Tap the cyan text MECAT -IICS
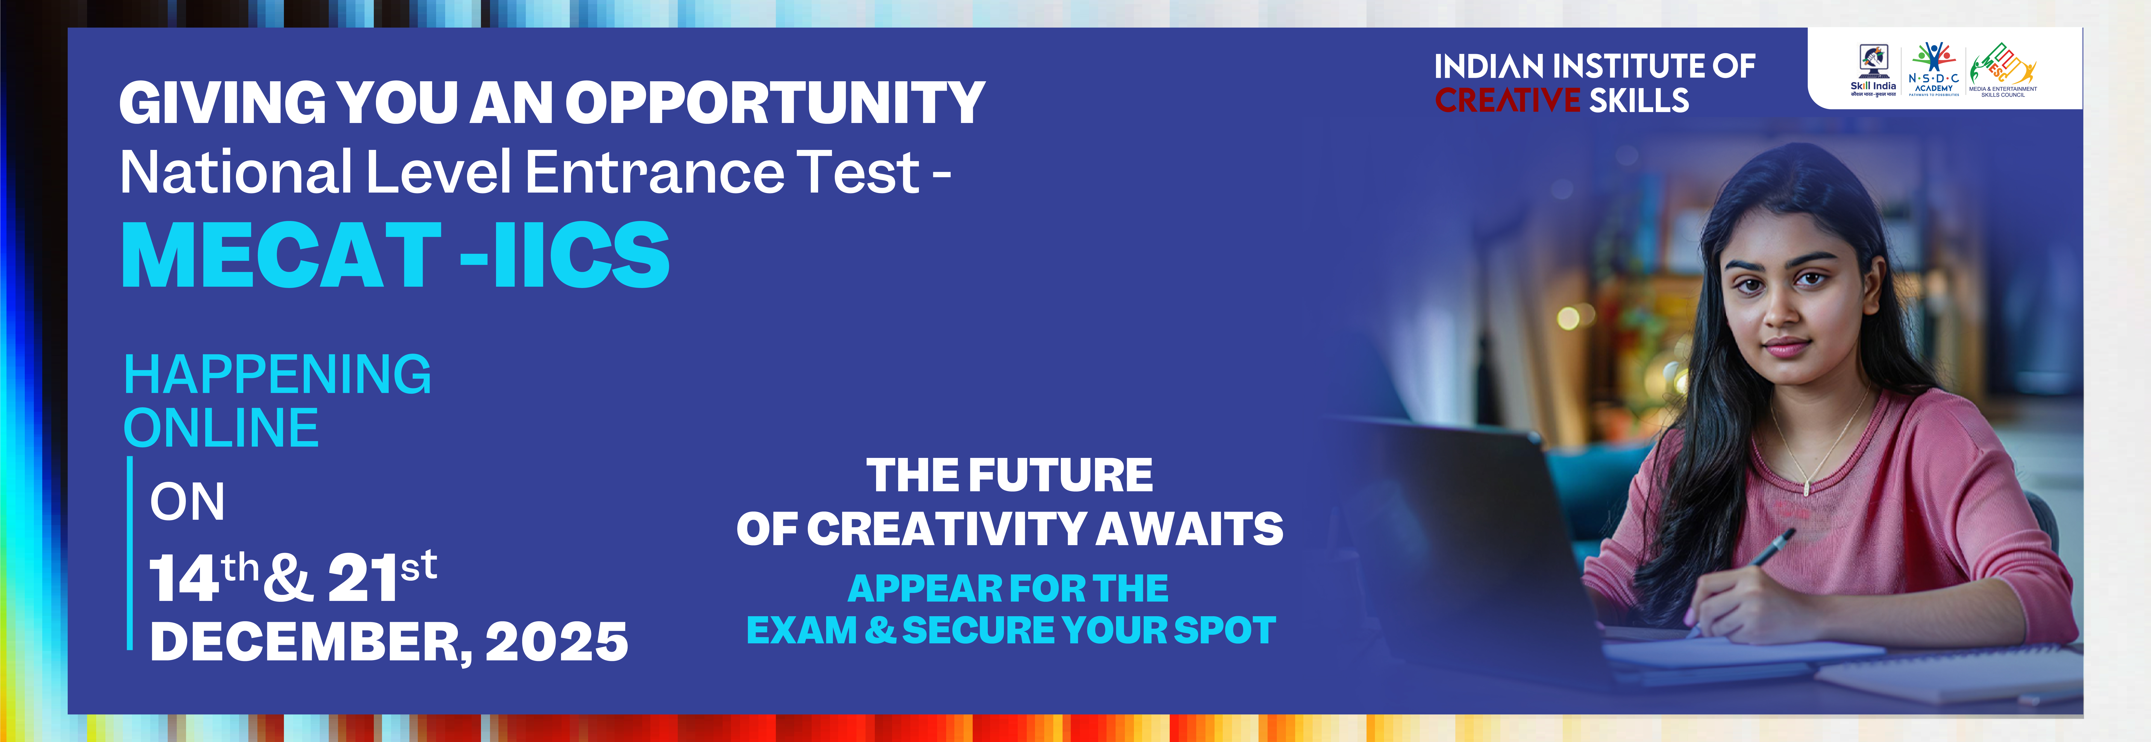(396, 255)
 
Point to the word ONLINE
(221, 428)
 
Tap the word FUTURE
(1060, 476)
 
